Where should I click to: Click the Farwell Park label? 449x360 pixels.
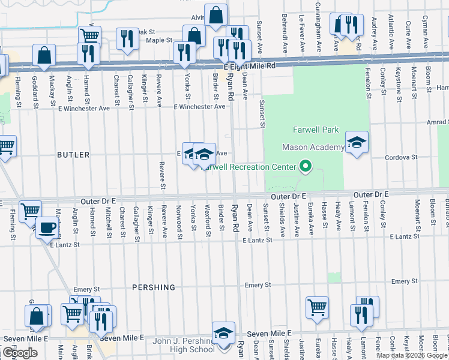pos(316,130)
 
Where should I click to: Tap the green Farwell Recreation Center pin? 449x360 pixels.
pos(306,166)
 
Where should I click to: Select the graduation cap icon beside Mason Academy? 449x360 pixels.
pos(357,143)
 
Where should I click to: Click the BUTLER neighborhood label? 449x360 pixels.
pos(73,155)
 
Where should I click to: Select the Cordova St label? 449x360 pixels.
pos(401,157)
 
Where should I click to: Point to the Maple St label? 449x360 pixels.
pos(159,40)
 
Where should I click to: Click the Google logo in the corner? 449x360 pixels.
pos(20,353)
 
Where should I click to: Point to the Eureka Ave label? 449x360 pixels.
pos(311,218)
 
